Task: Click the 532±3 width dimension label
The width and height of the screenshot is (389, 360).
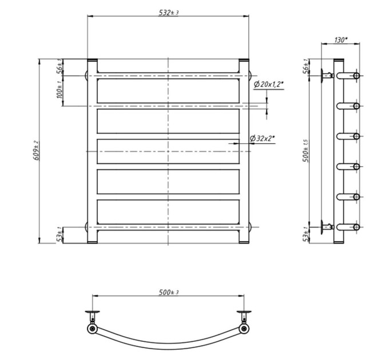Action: click(168, 13)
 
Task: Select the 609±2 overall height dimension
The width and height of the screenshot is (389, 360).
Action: click(36, 150)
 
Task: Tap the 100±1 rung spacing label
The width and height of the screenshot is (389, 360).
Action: click(59, 90)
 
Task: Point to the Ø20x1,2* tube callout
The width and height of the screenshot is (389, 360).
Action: click(269, 85)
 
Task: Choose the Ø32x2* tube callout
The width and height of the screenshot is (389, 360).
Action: click(263, 138)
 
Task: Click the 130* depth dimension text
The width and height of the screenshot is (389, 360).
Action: click(341, 40)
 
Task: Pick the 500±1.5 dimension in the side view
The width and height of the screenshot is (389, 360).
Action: click(306, 151)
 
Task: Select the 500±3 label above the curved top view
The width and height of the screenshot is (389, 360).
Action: click(168, 293)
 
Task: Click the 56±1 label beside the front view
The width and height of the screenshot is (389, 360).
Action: click(59, 67)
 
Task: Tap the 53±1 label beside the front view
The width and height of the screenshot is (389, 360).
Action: click(59, 235)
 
